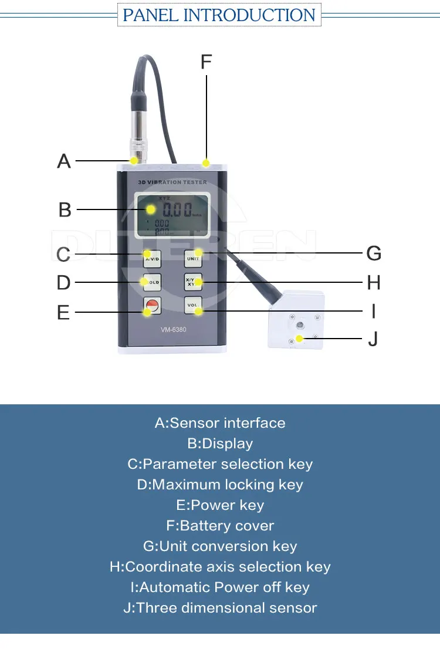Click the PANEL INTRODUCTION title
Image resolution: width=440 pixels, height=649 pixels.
(219, 15)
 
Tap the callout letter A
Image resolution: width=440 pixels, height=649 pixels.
(64, 161)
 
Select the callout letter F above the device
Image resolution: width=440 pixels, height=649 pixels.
(206, 62)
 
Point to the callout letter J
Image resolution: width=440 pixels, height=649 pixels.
(373, 339)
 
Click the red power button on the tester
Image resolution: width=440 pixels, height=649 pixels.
(152, 305)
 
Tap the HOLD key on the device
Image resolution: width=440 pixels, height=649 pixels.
(152, 282)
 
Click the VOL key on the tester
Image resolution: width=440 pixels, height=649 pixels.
(192, 305)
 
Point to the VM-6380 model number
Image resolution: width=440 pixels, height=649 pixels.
(173, 329)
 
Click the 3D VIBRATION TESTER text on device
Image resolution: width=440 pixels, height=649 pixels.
(172, 182)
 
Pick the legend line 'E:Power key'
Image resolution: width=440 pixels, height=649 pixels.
(220, 505)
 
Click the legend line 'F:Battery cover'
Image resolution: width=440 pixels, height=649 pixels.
(220, 526)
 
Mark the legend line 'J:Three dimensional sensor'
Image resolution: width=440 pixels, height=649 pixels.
(220, 608)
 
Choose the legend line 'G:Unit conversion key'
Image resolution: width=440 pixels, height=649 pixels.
(220, 546)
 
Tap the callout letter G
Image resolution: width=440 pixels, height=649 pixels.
(374, 253)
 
